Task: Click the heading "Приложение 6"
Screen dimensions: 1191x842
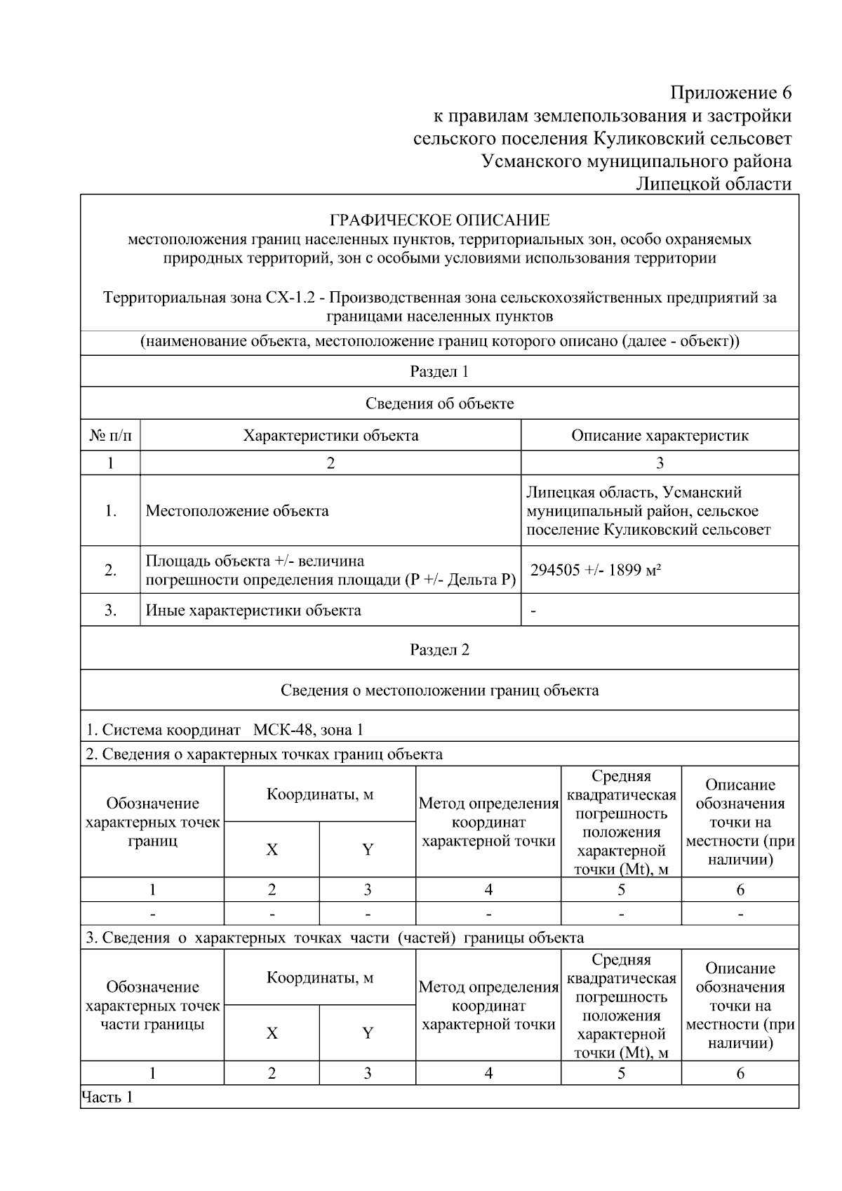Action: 730,93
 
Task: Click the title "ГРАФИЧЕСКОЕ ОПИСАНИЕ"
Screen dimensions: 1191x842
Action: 439,220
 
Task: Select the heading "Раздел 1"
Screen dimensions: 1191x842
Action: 439,372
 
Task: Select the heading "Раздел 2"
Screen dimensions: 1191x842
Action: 439,649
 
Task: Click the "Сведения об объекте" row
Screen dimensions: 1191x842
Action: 439,404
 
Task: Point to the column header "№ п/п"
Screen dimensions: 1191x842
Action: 110,435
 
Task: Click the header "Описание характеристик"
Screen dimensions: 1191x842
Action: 660,435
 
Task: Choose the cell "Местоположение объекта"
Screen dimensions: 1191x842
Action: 237,511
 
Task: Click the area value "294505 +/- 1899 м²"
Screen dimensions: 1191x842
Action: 596,570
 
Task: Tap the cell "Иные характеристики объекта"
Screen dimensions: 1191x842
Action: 253,611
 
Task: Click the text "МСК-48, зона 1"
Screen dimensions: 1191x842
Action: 308,730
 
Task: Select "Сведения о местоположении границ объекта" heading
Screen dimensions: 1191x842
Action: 439,691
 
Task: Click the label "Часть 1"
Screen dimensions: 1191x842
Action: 107,1098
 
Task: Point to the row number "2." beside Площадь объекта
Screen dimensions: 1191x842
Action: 110,570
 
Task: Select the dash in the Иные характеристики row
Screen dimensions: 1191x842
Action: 534,611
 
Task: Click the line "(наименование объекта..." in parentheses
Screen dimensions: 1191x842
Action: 439,342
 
